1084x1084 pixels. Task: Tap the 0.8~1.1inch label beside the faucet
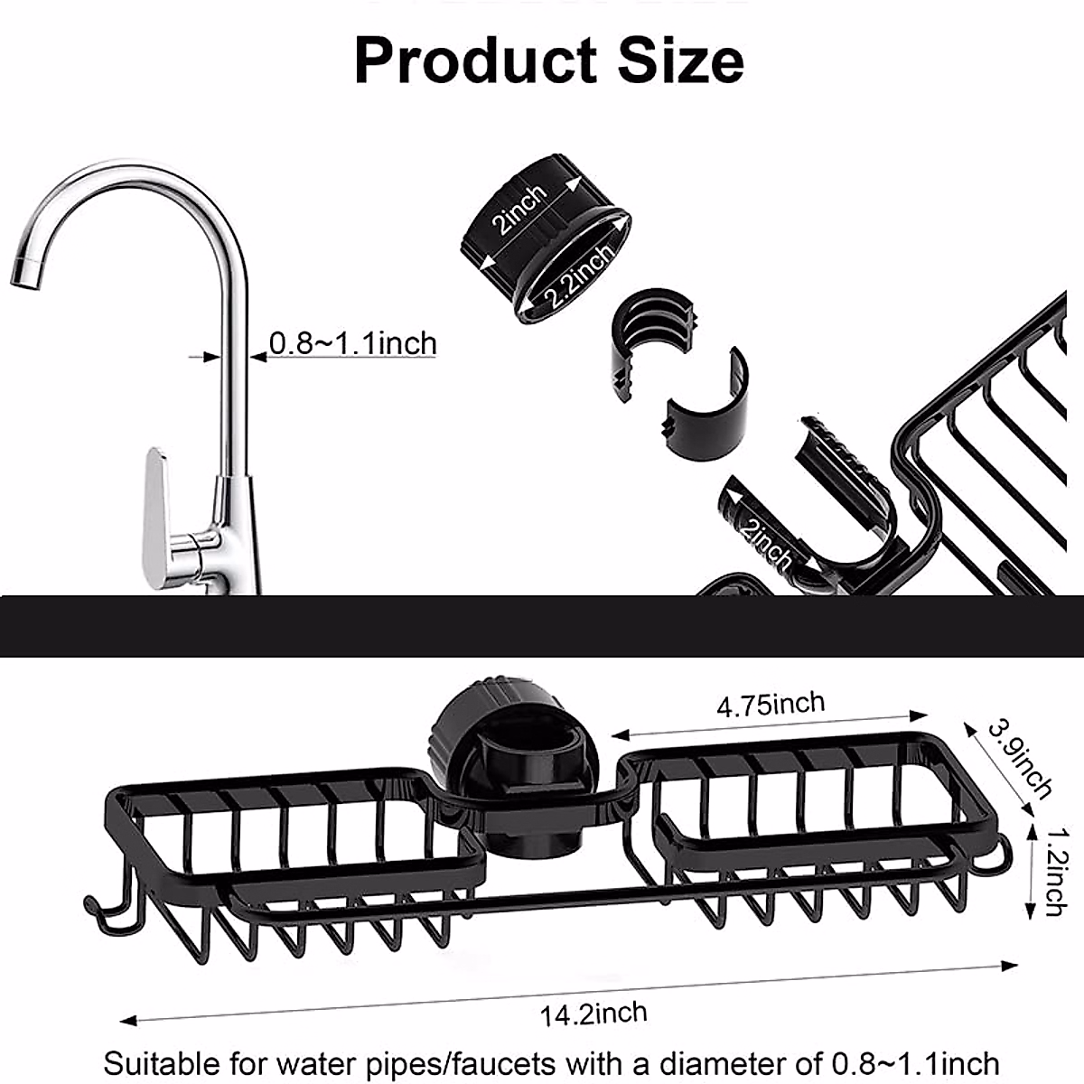tap(352, 344)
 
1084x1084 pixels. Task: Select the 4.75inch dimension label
tap(771, 704)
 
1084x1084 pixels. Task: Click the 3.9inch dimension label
tap(1019, 760)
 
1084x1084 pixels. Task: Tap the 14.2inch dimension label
tap(593, 1014)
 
